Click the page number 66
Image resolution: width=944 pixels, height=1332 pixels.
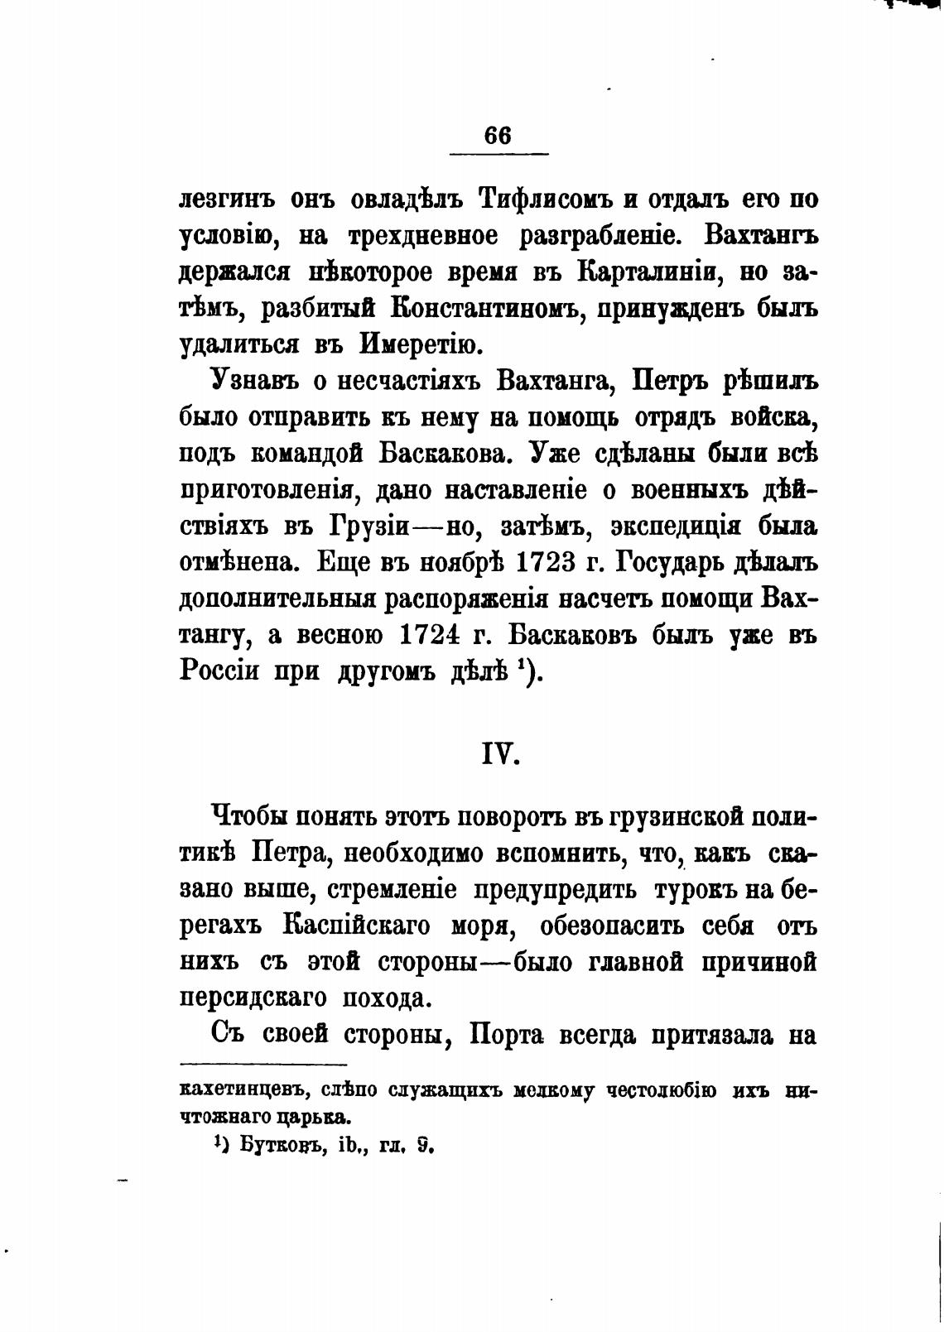498,136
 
